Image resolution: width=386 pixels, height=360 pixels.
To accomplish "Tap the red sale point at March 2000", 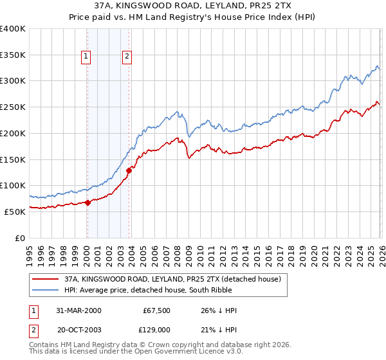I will [87, 203].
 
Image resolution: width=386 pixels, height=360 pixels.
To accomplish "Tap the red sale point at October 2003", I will [129, 170].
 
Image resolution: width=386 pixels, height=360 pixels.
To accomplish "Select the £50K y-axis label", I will [15, 212].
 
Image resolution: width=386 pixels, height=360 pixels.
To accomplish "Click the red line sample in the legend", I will [46, 280].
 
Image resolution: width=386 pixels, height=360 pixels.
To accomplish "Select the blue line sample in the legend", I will [46, 291].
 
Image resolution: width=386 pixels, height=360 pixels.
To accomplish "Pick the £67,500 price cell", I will [156, 310].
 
